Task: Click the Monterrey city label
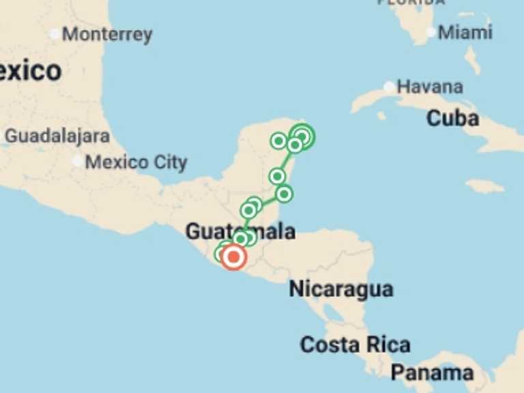[x=107, y=35]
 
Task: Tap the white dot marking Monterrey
[x=55, y=34]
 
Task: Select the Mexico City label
[x=136, y=162]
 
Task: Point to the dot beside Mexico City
[x=77, y=162]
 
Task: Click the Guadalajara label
[x=57, y=136]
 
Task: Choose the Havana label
[x=430, y=87]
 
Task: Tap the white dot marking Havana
[x=389, y=87]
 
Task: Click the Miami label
[x=465, y=32]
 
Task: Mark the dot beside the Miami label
[x=431, y=31]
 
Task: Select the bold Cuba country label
[x=452, y=119]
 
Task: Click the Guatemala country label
[x=240, y=231]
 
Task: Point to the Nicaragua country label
[x=341, y=289]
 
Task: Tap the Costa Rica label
[x=355, y=345]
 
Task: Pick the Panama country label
[x=432, y=373]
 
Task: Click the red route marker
[x=233, y=257]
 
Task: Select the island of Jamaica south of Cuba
[x=485, y=186]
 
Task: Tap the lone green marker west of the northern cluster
[x=278, y=141]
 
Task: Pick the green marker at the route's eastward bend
[x=285, y=194]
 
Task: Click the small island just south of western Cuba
[x=381, y=115]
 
